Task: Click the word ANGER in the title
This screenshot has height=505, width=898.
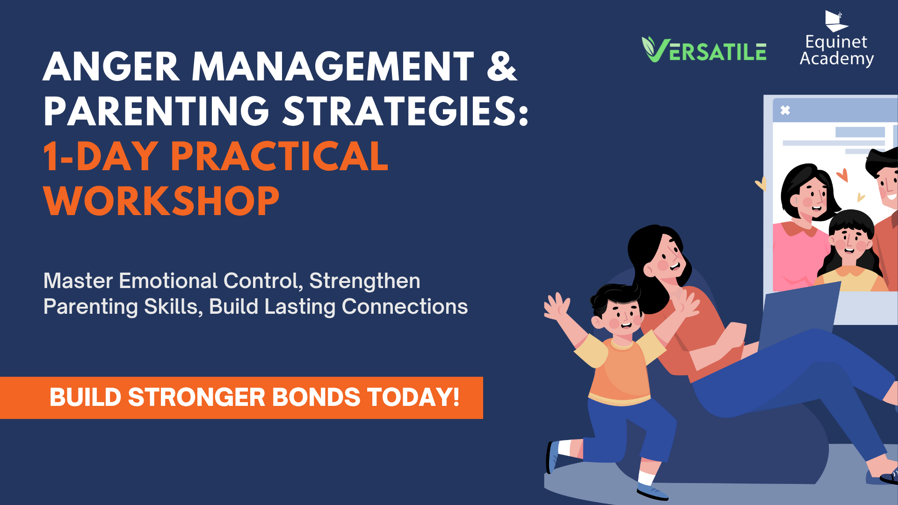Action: [111, 66]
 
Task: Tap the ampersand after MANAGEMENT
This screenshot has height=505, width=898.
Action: [502, 66]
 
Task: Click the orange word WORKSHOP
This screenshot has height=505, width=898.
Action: [161, 201]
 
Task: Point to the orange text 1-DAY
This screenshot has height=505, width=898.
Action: [101, 156]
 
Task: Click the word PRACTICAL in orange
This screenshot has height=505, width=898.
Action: [279, 156]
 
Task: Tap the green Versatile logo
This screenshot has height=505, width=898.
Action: [704, 50]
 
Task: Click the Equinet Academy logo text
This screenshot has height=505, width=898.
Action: [837, 50]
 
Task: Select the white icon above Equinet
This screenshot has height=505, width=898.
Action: [836, 21]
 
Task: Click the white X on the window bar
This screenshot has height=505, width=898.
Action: [785, 110]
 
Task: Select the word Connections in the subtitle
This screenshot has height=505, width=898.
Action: [405, 307]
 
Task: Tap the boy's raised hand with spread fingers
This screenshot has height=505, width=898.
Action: [557, 307]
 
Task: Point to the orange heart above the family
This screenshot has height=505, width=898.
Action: [842, 175]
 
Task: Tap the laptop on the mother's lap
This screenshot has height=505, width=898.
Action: [797, 316]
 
